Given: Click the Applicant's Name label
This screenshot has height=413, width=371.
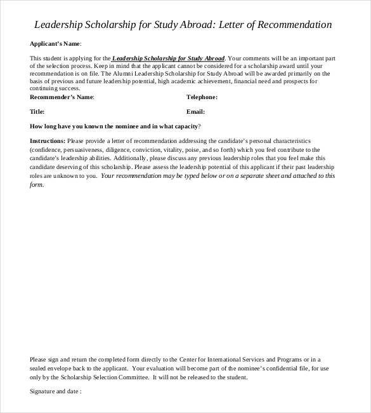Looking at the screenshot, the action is tap(56, 44).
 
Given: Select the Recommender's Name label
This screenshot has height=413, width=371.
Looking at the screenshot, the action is tap(62, 97).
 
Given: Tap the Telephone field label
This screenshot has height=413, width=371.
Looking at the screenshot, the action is tap(202, 97).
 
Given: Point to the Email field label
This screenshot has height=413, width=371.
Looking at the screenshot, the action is tap(196, 111).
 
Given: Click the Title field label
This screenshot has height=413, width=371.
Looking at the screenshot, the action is tap(37, 111).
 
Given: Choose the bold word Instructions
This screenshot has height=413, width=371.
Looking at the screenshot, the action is tap(47, 140).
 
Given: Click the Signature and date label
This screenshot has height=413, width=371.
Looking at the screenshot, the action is tap(56, 391).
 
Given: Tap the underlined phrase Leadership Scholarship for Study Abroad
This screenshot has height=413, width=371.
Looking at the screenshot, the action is tap(168, 57).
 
